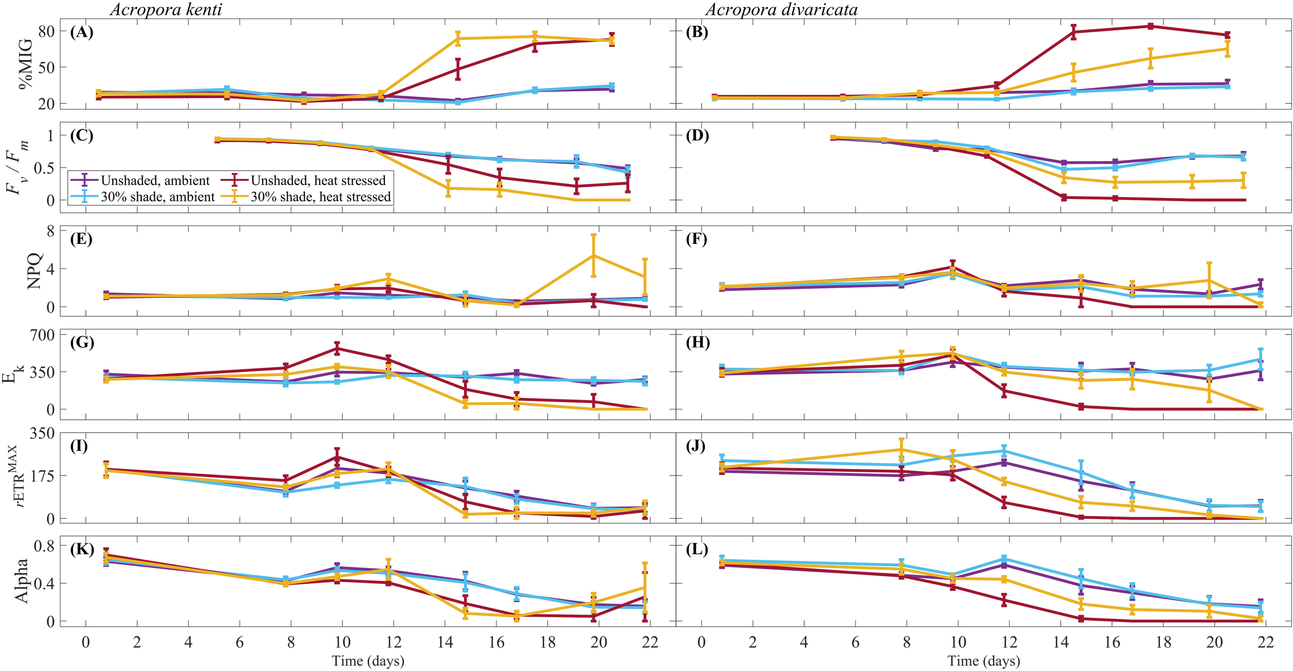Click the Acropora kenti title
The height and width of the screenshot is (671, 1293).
point(166,9)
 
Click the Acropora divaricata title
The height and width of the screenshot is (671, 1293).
point(781,9)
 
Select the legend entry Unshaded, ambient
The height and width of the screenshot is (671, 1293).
point(155,180)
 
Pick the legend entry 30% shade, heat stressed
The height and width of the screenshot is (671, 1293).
point(321,197)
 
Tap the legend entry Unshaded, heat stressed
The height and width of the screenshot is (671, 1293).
point(318,180)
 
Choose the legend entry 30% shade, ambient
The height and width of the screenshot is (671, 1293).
point(157,197)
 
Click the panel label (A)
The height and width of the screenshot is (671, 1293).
point(82,32)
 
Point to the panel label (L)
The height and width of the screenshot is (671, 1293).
point(697,550)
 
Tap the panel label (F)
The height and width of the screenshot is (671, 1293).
point(697,239)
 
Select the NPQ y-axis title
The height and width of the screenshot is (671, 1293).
point(34,271)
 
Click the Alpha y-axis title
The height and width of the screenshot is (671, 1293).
point(22,581)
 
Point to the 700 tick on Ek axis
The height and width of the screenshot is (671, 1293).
point(43,335)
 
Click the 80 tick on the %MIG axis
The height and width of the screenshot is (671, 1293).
point(47,32)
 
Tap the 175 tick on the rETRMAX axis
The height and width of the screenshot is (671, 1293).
point(43,476)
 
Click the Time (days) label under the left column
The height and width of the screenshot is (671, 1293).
point(368,661)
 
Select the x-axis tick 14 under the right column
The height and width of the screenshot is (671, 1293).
point(1061,643)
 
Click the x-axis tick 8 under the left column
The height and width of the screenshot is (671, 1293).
point(291,643)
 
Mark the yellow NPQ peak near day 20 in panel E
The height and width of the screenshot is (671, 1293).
point(593,255)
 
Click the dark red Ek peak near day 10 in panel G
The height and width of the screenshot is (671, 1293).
point(337,348)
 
